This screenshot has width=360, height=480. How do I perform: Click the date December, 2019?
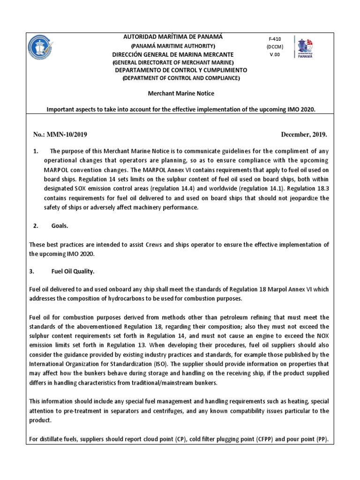[304, 135]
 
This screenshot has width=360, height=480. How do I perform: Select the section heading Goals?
[60, 226]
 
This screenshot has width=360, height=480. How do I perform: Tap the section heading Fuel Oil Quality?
[73, 271]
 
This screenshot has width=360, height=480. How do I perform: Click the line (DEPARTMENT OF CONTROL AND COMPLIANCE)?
[181, 78]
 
